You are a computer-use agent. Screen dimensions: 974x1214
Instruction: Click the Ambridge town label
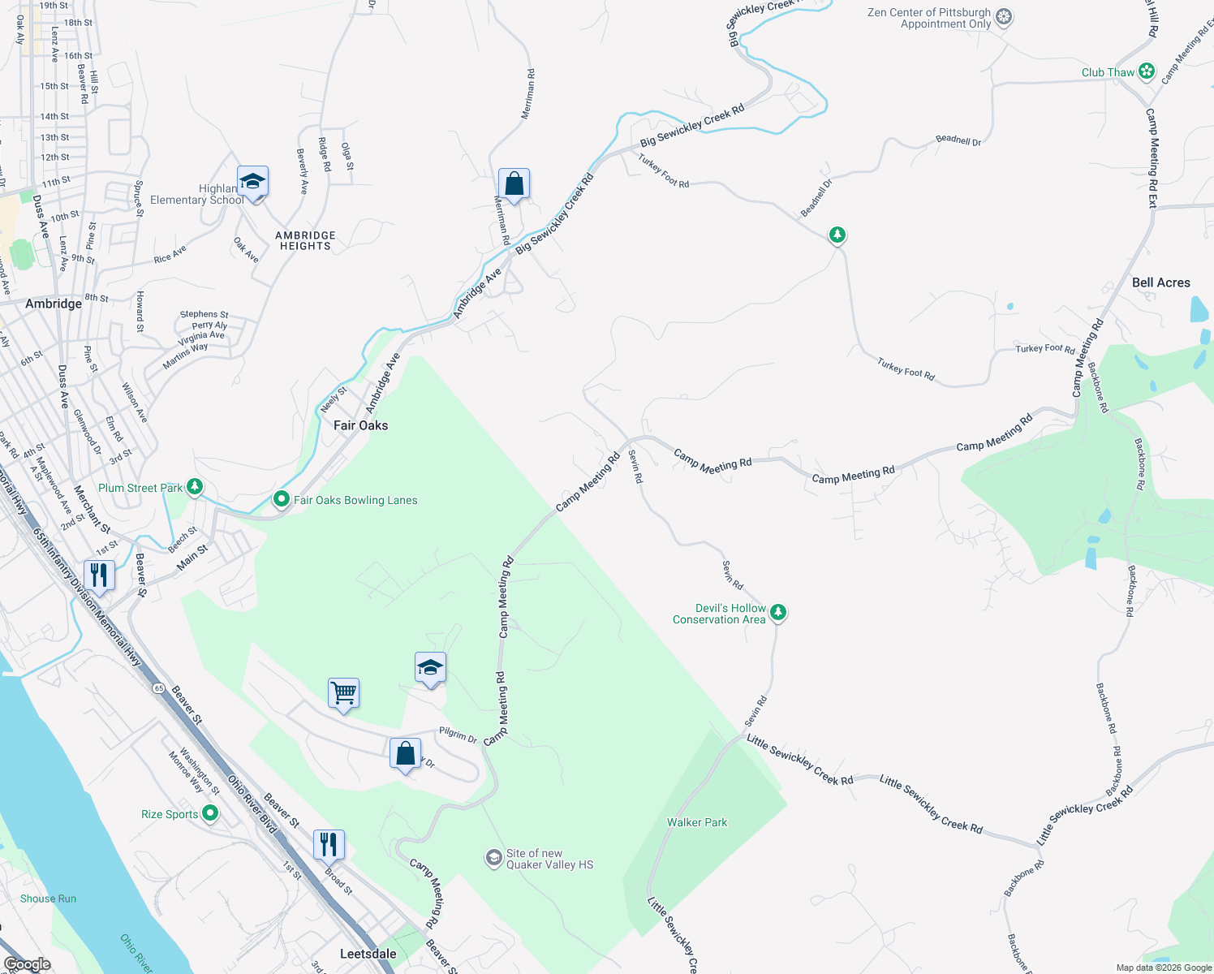click(x=54, y=304)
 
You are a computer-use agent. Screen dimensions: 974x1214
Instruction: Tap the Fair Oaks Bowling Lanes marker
click(x=282, y=499)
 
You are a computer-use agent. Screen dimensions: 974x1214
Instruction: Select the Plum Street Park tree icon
click(x=195, y=487)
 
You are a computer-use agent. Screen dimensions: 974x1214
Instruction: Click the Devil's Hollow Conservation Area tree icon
click(x=777, y=612)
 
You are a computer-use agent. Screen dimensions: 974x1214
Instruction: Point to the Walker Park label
click(x=697, y=822)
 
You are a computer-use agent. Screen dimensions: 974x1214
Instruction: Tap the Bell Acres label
click(x=1160, y=282)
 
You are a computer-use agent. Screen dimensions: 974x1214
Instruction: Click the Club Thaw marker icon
click(x=1146, y=71)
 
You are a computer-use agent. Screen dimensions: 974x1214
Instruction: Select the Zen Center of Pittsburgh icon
click(x=1004, y=17)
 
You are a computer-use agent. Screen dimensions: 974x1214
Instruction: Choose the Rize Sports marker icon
click(x=210, y=812)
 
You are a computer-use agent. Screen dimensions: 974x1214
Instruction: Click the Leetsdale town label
click(x=368, y=954)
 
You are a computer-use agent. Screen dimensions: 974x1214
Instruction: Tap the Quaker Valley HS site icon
click(x=493, y=858)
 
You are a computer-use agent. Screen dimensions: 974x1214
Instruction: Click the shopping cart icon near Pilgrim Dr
click(x=344, y=693)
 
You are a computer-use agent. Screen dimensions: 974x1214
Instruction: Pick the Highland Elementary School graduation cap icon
click(x=252, y=182)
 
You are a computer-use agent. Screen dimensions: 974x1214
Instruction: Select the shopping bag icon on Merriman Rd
click(x=514, y=184)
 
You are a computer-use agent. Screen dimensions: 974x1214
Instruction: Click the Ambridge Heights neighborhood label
click(x=305, y=240)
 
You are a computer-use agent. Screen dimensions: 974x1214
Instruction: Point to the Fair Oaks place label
click(x=360, y=425)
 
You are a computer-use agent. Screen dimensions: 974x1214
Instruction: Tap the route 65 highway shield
click(x=158, y=688)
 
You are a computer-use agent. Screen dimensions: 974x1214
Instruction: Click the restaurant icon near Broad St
click(x=329, y=844)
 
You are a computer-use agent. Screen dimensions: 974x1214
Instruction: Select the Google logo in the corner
click(x=28, y=963)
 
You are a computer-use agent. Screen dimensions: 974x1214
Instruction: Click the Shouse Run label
click(x=48, y=899)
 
